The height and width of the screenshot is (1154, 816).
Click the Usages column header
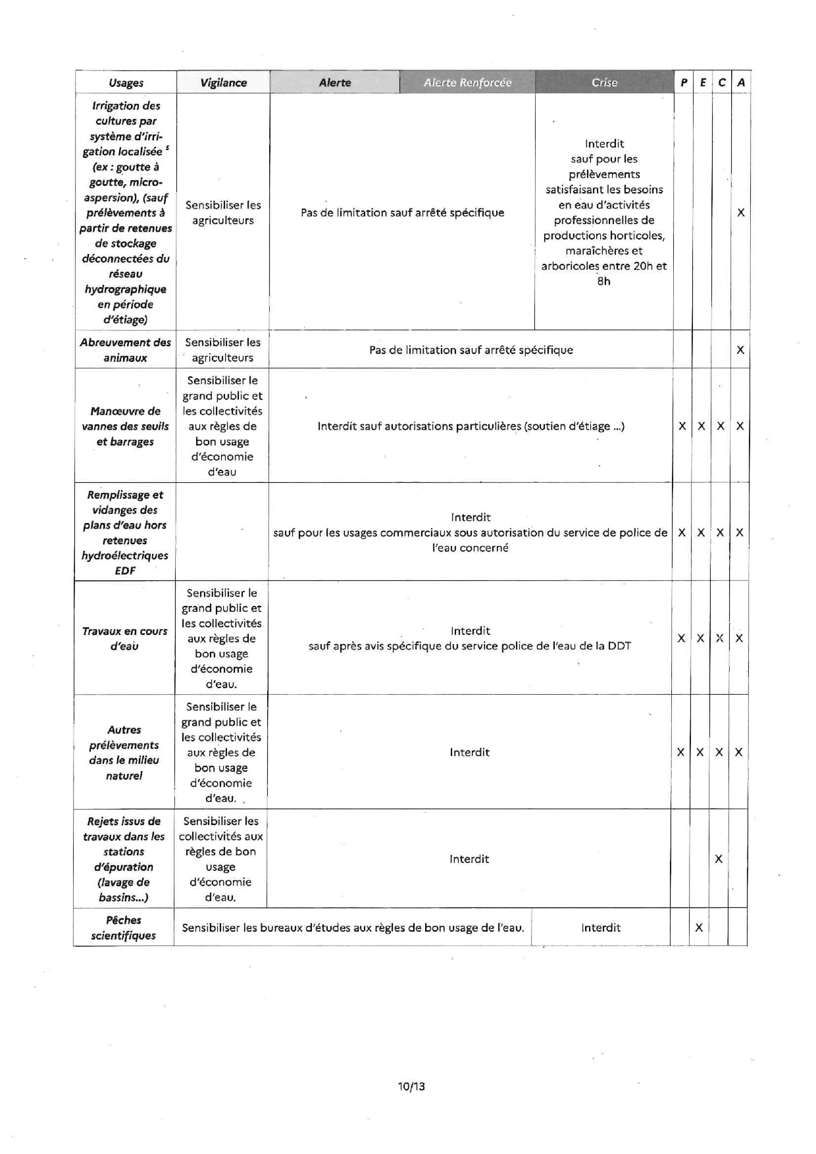pos(126,83)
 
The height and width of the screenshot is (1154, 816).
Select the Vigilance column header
pos(223,83)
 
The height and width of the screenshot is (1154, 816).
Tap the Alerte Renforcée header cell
pos(467,83)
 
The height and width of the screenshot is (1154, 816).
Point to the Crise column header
pos(604,83)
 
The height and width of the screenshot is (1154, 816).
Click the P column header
pos(684,83)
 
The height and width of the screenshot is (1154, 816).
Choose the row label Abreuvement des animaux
pos(125,350)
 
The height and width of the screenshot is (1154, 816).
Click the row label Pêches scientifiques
pos(123,928)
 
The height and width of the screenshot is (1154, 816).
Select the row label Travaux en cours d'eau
pos(124,638)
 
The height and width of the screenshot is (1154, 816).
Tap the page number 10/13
pos(411,1086)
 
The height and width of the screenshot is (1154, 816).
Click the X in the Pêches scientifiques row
pos(699,928)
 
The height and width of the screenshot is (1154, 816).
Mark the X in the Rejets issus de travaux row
pos(719,859)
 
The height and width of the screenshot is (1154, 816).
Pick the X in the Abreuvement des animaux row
pos(740,350)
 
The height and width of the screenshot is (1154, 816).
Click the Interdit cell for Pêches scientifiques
pos(601,928)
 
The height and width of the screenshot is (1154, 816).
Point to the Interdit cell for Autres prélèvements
pos(469,752)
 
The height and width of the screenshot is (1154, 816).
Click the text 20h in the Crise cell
pos(644,266)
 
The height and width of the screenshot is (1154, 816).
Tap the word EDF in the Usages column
pos(125,570)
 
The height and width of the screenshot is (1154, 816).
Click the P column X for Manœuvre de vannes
pos(682,426)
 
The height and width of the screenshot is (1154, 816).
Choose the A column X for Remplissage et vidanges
pos(740,533)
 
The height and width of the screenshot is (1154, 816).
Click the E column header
pos(703,83)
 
